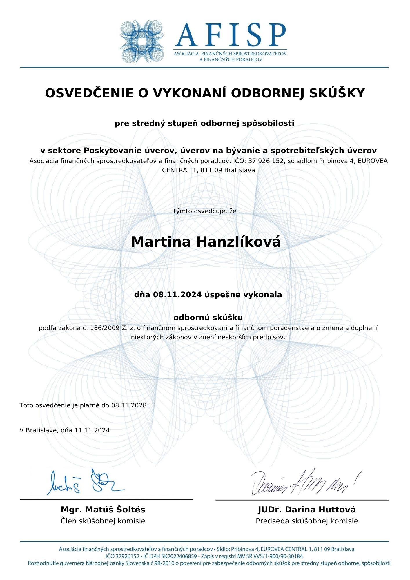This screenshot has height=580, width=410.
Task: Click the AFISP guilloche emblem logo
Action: [x=142, y=41]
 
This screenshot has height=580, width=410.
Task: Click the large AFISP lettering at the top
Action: [x=231, y=35]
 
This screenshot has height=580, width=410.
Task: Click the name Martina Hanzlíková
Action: [x=206, y=242]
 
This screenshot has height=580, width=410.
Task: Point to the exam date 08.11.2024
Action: [x=177, y=295]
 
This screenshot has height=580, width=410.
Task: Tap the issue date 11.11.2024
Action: [x=92, y=430]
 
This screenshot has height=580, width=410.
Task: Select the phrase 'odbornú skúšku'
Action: [x=208, y=318]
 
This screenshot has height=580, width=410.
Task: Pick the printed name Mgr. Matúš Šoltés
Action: [x=103, y=510]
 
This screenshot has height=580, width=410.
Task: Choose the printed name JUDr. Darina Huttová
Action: [x=306, y=510]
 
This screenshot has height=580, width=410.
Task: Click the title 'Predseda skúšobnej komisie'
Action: [x=306, y=521]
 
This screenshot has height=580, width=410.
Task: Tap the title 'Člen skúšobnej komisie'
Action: [x=103, y=521]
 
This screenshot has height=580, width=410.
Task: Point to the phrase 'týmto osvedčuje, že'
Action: [x=205, y=211]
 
